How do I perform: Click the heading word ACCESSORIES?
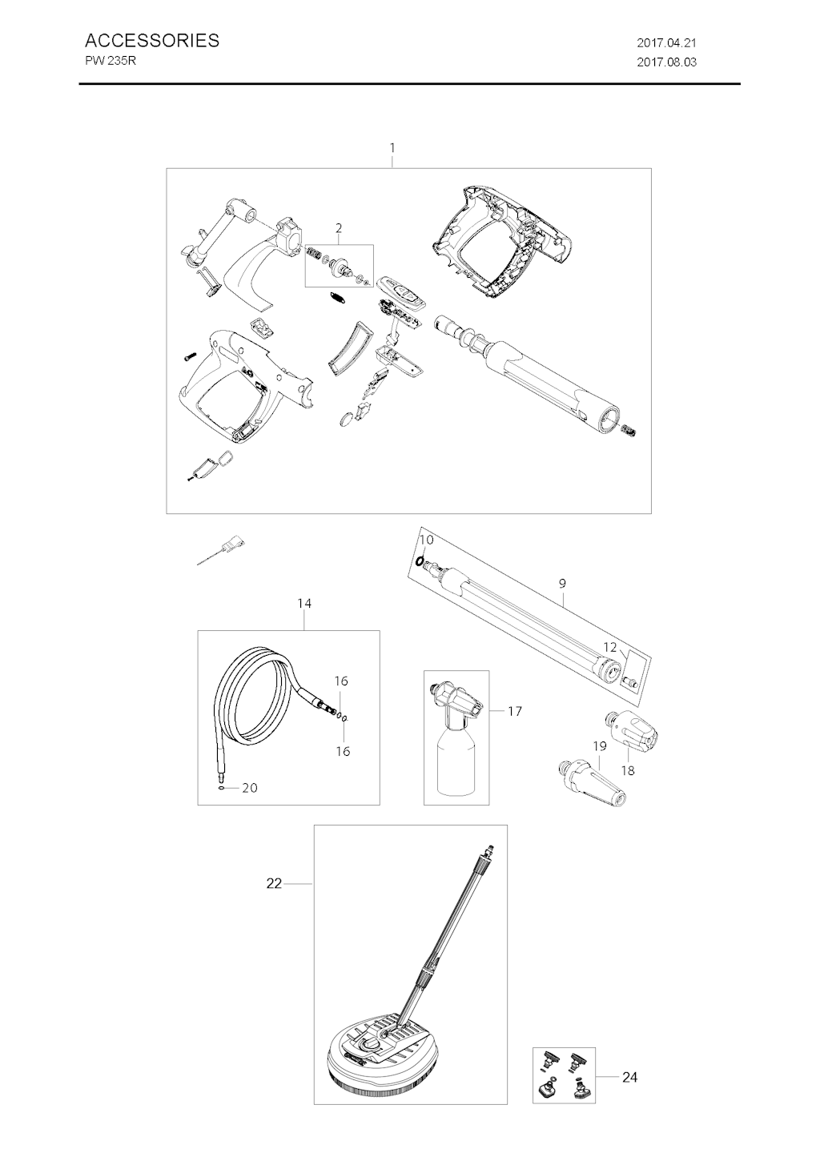pos(152,40)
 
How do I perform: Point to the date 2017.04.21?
pos(666,42)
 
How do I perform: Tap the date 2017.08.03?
pos(666,62)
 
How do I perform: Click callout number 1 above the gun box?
pos(392,147)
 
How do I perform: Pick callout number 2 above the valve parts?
pos(339,227)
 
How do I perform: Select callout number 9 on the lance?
pos(562,583)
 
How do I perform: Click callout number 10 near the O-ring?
pos(427,540)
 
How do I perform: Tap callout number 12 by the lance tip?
pos(609,647)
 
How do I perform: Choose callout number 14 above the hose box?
pos(304,603)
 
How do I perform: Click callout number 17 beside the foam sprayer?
pos(515,711)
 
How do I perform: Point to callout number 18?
pos(628,770)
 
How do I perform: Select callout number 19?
pos(600,746)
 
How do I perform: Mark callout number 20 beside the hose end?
pos(250,787)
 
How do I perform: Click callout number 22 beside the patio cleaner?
pos(274,884)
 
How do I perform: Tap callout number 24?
pos(629,1074)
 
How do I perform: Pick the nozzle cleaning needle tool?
pos(221,549)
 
